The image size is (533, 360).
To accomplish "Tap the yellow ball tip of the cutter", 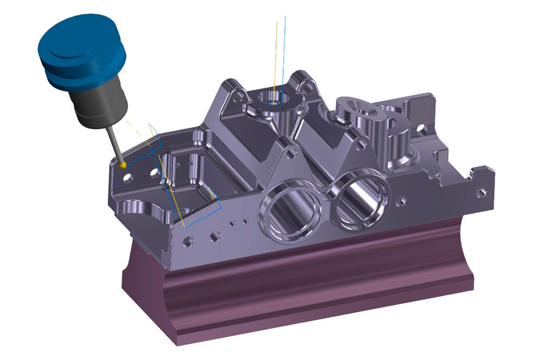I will [x=123, y=164].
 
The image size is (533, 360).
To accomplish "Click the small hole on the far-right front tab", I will [x=482, y=192].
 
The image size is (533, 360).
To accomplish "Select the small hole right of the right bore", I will [x=402, y=201].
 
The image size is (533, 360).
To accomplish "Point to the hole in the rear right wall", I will [x=422, y=129].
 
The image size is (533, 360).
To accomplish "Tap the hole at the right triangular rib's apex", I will [x=362, y=144].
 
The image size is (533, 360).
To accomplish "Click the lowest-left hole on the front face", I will [x=188, y=242].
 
